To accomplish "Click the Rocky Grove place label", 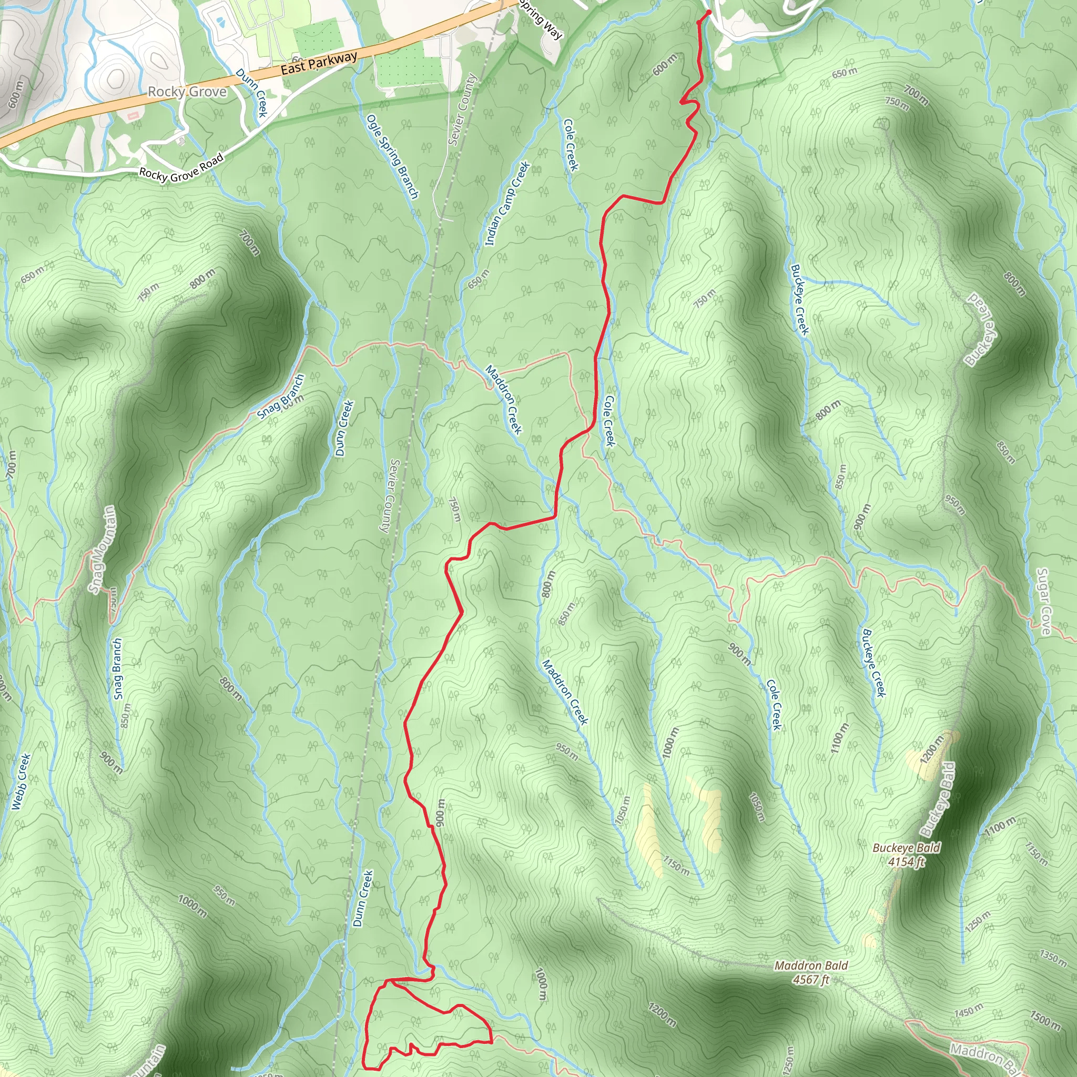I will pyautogui.click(x=187, y=92).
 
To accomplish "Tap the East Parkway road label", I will pyautogui.click(x=318, y=63).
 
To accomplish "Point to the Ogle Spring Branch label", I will pyautogui.click(x=392, y=156).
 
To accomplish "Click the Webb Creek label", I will pyautogui.click(x=21, y=781).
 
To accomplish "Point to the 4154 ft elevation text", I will pyautogui.click(x=906, y=862).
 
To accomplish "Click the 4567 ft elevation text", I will pyautogui.click(x=811, y=979).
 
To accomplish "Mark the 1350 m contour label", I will pyautogui.click(x=1052, y=958).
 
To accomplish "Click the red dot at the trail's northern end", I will pyautogui.click(x=708, y=12).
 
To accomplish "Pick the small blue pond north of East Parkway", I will pyautogui.click(x=221, y=23).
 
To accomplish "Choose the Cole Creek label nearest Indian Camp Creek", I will pyautogui.click(x=571, y=145).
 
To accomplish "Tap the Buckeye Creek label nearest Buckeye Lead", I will pyautogui.click(x=799, y=299).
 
